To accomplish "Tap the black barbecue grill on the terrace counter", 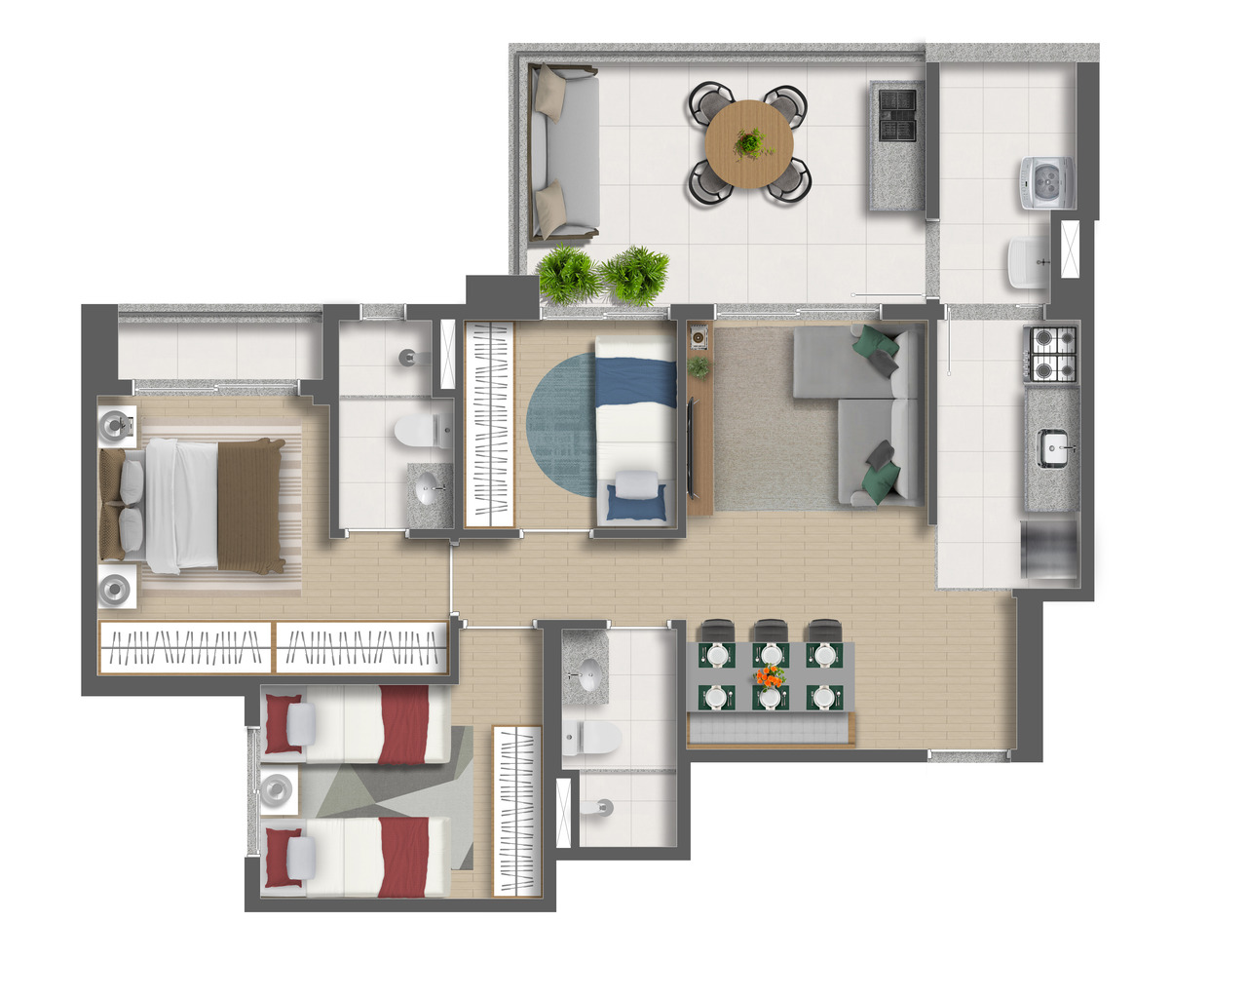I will point(897,114).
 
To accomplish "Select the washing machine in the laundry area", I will point(1045,182).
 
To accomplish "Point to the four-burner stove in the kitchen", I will point(1052,353).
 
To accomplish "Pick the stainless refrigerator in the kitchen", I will point(1050,551).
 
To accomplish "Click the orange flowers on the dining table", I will point(770,675).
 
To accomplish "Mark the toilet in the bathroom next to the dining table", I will point(591,738).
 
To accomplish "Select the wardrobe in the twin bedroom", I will point(516,810).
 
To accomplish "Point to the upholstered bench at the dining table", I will point(770,729).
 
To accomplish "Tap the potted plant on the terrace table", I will point(749,143).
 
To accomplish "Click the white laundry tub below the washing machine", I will point(1029,261).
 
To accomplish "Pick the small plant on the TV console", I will point(699,367).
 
